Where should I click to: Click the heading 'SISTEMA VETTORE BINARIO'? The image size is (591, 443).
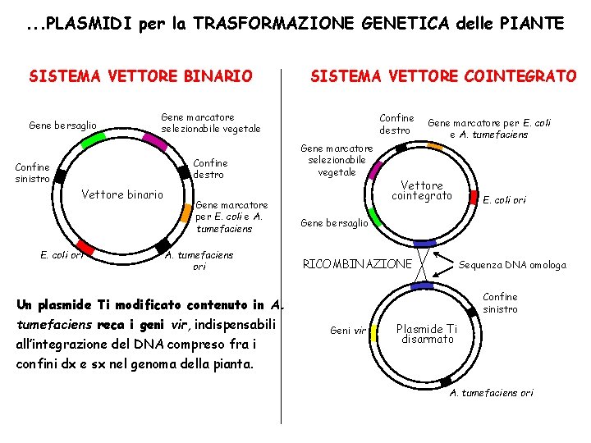coord(140,76)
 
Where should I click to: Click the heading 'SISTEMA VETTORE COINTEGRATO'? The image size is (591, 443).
coord(442,76)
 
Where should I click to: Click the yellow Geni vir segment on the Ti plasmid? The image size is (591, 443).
coord(375,331)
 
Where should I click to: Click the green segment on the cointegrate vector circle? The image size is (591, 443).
coord(373,217)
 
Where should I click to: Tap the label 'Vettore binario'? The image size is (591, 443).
coord(122,195)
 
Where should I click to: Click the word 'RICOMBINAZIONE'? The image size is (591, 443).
coord(357,264)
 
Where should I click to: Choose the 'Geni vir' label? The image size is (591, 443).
coord(347,331)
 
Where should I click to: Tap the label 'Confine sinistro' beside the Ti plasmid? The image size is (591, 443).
coord(500,303)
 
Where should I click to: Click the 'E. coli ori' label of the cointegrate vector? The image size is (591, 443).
coord(504,199)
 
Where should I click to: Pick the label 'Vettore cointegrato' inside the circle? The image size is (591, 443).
coord(422,191)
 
